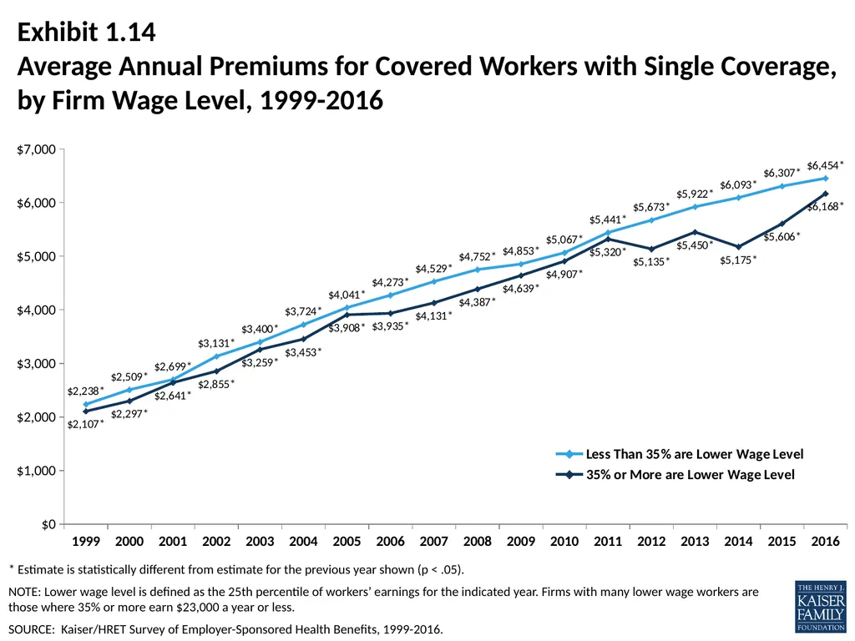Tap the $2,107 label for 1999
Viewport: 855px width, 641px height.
point(85,423)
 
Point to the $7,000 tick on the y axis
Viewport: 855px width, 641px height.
point(36,149)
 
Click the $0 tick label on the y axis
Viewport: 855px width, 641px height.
point(48,524)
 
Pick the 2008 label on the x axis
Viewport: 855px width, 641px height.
point(477,541)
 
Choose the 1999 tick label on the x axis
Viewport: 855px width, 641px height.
point(86,541)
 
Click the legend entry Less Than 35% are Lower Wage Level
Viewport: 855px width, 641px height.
point(680,454)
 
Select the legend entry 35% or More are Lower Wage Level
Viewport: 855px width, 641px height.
point(675,475)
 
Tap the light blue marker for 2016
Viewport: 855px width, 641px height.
point(826,179)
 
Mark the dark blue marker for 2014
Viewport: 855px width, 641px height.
point(738,247)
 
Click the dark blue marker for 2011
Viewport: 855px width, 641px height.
point(608,239)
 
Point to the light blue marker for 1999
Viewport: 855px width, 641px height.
point(86,405)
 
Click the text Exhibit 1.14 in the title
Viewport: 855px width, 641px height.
point(87,33)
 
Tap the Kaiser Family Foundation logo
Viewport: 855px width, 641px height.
point(821,606)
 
